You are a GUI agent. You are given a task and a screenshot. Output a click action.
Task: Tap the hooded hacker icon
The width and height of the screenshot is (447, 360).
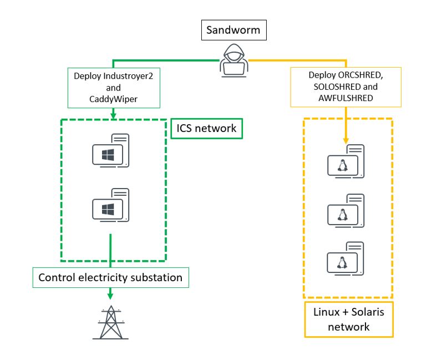pyautogui.click(x=233, y=61)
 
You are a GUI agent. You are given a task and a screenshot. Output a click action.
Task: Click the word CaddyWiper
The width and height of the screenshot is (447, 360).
pyautogui.click(x=113, y=98)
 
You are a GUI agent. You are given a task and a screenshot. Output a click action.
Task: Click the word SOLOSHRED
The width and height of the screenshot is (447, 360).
pyautogui.click(x=331, y=86)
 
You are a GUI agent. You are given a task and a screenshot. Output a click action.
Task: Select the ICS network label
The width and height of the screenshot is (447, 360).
pyautogui.click(x=206, y=128)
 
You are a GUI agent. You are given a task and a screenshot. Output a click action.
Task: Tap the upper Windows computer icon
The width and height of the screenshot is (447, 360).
pyautogui.click(x=111, y=151)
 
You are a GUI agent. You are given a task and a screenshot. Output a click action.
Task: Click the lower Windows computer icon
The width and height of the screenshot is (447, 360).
pyautogui.click(x=111, y=205)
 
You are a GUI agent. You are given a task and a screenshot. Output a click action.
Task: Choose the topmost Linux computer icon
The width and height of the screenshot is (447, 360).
pyautogui.click(x=346, y=162)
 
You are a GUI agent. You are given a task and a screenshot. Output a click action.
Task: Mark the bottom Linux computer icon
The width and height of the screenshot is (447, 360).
pyautogui.click(x=346, y=258)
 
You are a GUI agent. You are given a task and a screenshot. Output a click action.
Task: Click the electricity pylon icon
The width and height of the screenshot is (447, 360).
pyautogui.click(x=110, y=322)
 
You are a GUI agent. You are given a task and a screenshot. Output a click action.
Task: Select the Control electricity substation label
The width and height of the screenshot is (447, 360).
pyautogui.click(x=110, y=277)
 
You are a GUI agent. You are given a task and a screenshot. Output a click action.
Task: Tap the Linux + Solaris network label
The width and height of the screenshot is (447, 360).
pyautogui.click(x=348, y=319)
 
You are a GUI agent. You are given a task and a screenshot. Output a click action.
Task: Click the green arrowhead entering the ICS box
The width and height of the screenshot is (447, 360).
pyautogui.click(x=113, y=115)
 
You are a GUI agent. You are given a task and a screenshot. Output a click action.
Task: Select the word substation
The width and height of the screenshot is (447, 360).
pyautogui.click(x=157, y=277)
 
